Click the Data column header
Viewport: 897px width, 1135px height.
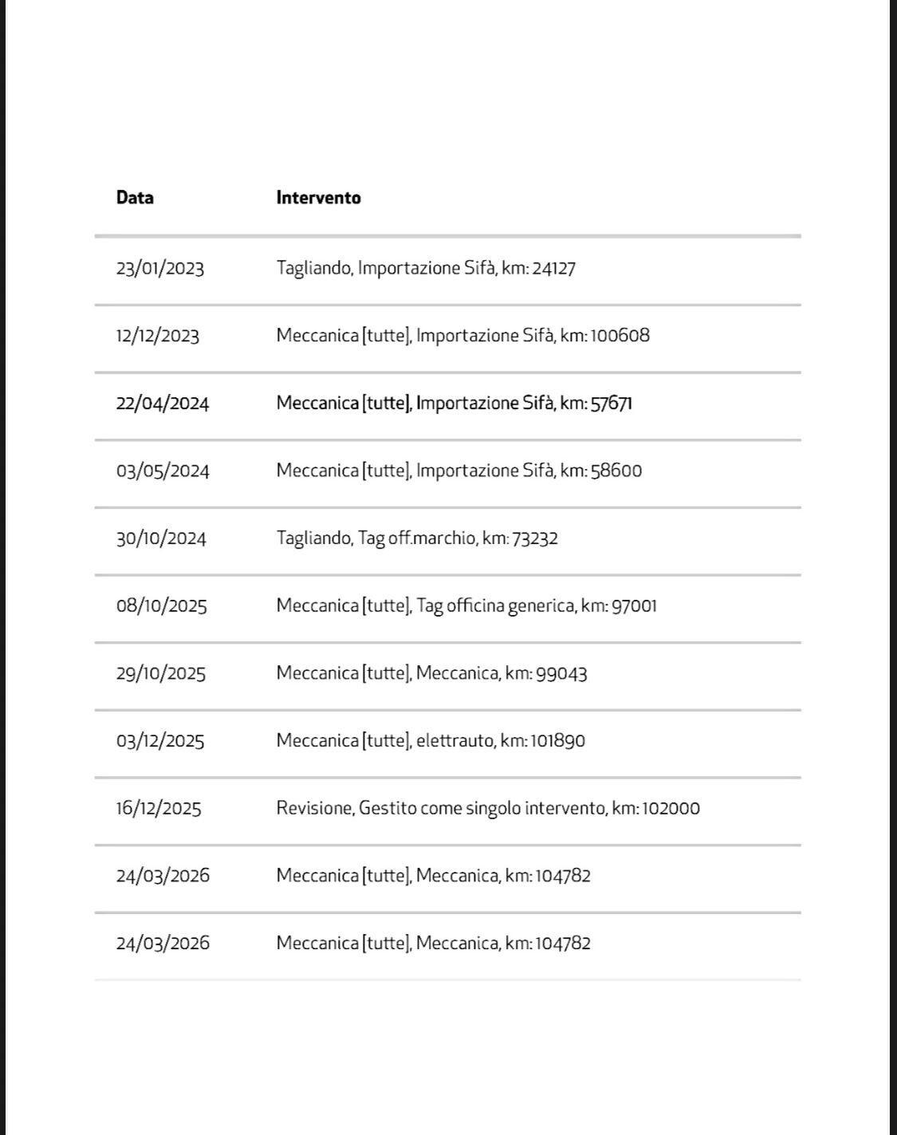(x=135, y=198)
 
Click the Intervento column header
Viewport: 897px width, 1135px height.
(x=318, y=198)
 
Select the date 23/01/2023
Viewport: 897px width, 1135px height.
(x=159, y=268)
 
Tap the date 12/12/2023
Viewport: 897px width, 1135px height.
(x=157, y=336)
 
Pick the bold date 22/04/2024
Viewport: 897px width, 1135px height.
(x=162, y=404)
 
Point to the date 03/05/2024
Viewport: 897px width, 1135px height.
(x=163, y=471)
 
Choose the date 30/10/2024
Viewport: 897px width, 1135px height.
(x=161, y=538)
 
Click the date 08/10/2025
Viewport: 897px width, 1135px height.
(x=161, y=606)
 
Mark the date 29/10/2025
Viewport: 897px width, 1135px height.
(x=160, y=673)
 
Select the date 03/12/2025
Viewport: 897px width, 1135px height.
(x=159, y=741)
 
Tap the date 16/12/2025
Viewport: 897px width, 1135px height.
(x=158, y=809)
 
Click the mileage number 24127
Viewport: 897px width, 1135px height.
(x=553, y=268)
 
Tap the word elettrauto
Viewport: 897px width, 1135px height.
(x=455, y=741)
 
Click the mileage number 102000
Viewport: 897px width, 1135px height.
(x=671, y=809)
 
